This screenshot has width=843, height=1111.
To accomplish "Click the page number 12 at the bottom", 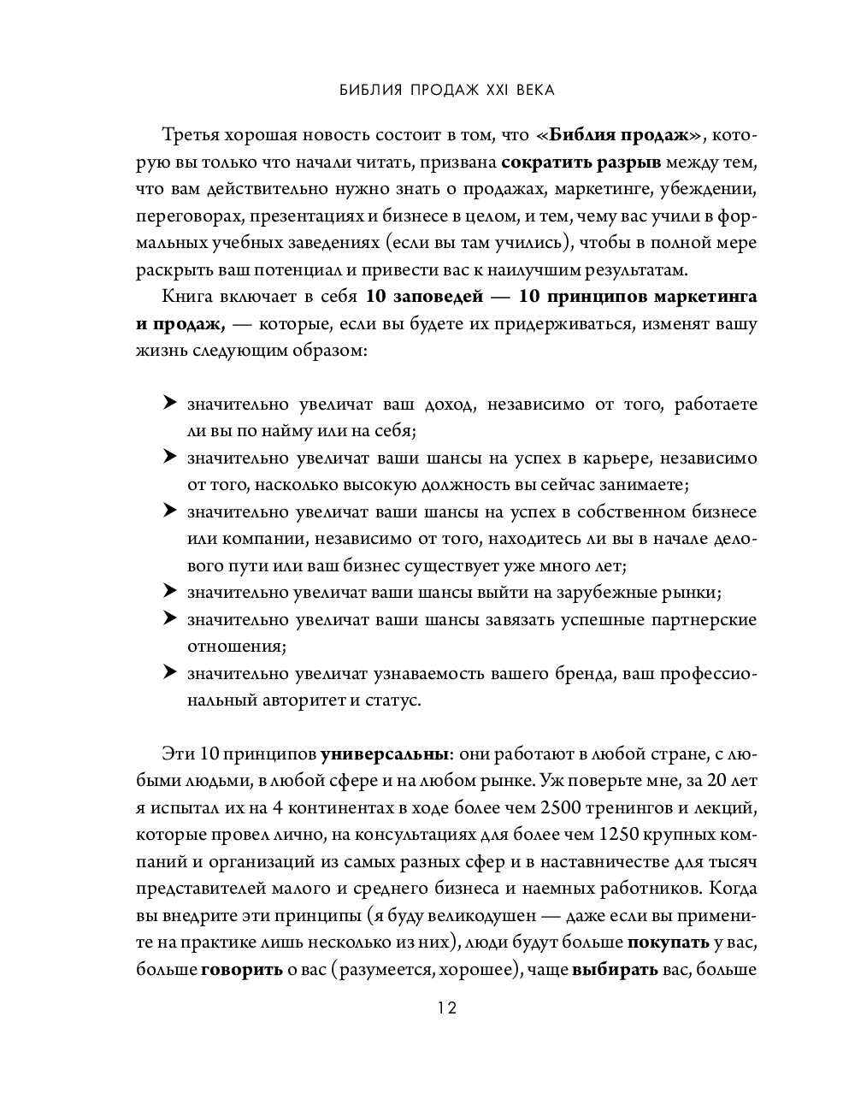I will click(x=447, y=1008).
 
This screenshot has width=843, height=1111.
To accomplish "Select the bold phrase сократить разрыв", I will click(x=569, y=163).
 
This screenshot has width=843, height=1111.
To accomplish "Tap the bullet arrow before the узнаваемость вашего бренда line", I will click(x=169, y=672).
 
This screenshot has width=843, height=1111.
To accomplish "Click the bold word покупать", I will click(x=669, y=943).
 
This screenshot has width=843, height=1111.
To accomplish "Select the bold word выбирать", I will click(x=615, y=970).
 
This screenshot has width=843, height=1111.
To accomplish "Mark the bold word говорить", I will click(x=242, y=970).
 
